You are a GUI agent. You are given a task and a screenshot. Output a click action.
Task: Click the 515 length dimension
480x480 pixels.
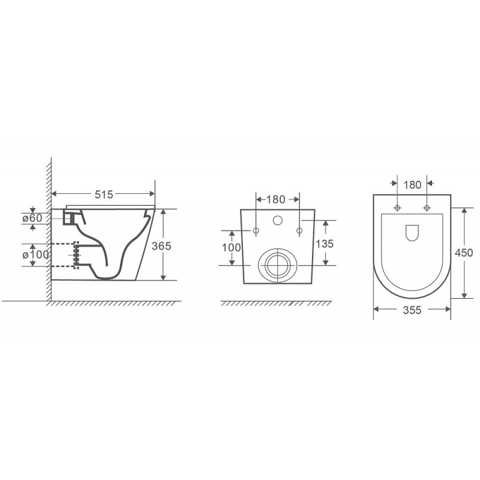(x=104, y=194)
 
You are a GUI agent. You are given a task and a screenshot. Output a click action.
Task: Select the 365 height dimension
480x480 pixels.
(x=161, y=246)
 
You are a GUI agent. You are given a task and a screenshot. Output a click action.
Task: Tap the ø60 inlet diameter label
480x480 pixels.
(x=32, y=218)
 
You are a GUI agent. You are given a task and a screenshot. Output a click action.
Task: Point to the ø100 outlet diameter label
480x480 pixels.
(x=35, y=254)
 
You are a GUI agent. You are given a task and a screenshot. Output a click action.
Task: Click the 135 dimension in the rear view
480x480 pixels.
(x=325, y=244)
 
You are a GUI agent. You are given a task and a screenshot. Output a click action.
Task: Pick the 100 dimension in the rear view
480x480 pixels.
(x=232, y=247)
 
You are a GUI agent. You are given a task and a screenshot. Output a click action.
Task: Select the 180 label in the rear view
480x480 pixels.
(x=275, y=200)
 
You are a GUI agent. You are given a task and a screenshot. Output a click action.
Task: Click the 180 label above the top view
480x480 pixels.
(x=412, y=185)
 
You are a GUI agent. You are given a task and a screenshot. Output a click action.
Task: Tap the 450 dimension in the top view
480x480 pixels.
(x=464, y=253)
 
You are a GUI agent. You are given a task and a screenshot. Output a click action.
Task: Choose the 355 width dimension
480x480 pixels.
(x=412, y=310)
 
